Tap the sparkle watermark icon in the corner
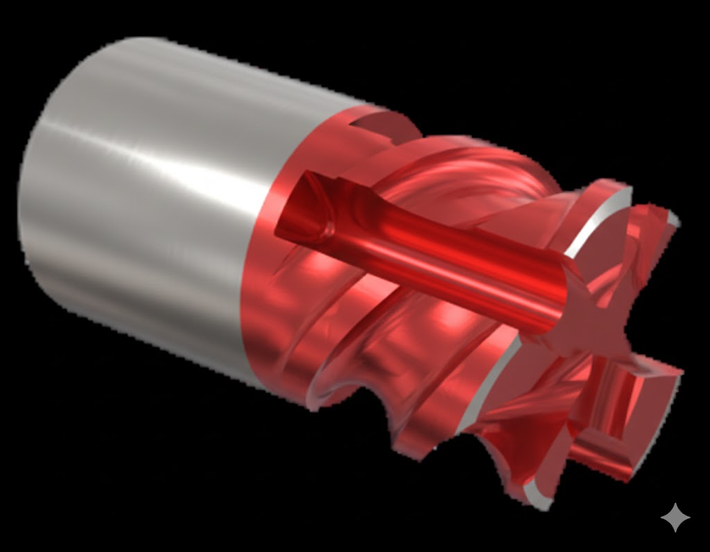[675, 517]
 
